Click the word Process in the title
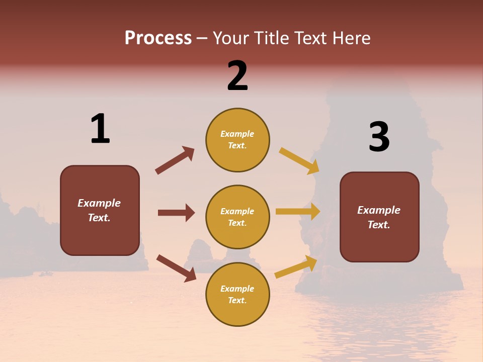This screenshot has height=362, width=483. [x=158, y=38]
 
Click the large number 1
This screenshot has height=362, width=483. [x=100, y=129]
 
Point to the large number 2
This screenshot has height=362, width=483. [x=237, y=75]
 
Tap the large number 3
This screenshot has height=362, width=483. [x=379, y=137]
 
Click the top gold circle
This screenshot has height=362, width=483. [x=237, y=140]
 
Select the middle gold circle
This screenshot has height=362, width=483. [x=237, y=217]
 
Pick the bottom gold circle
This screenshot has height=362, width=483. [x=237, y=294]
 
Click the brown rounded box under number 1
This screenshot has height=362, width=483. [x=100, y=210]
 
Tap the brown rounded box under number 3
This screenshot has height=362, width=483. [x=379, y=217]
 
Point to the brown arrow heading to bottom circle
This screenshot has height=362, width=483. [x=176, y=267]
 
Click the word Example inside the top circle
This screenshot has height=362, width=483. [x=237, y=134]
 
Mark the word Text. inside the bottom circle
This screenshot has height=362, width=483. [x=237, y=300]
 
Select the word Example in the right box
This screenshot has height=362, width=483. [x=379, y=210]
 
